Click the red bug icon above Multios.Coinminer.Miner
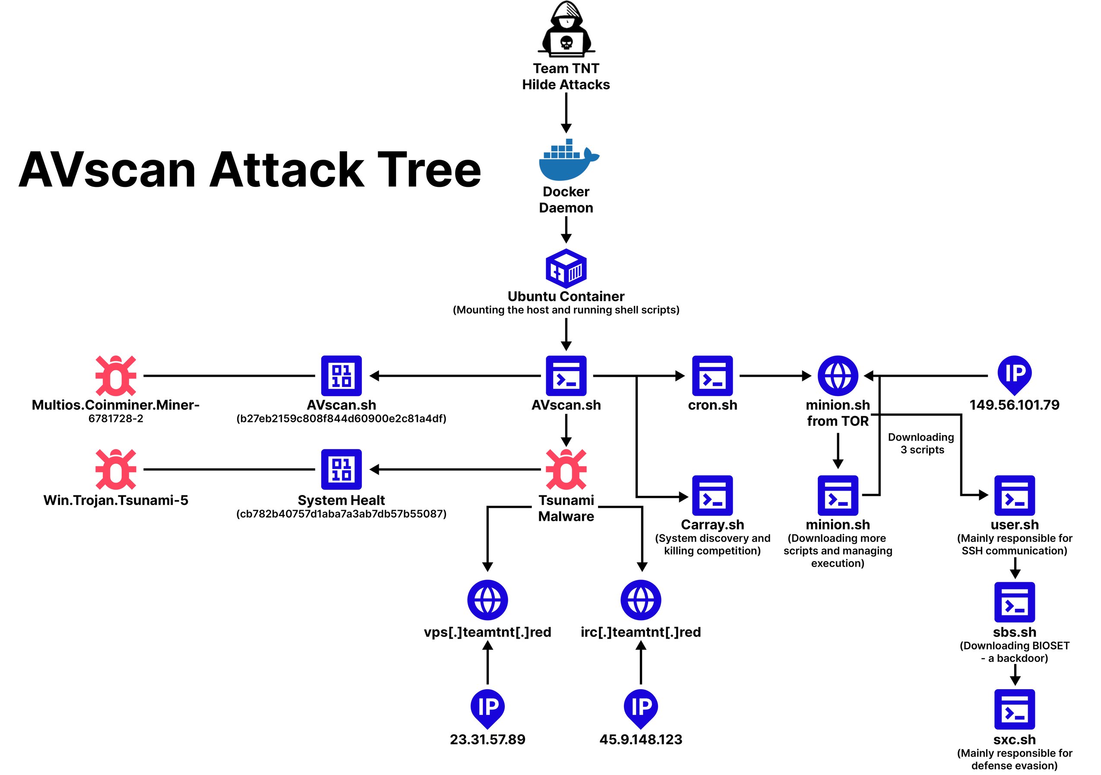(116, 376)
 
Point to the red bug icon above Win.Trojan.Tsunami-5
(116, 469)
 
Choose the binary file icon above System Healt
(341, 469)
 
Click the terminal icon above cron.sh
(712, 376)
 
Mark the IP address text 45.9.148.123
(641, 740)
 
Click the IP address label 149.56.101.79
(1014, 405)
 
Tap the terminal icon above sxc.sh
(1014, 709)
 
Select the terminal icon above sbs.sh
(1014, 602)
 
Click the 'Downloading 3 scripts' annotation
(921, 443)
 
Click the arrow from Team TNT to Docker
(566, 113)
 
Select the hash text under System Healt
(341, 514)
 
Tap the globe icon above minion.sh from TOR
(838, 376)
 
